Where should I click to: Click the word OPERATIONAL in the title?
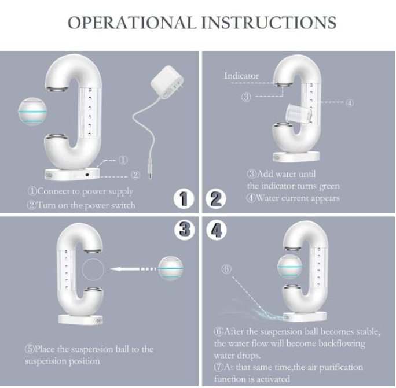tap(132, 23)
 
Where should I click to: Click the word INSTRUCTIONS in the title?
tap(269, 23)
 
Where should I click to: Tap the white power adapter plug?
tap(167, 82)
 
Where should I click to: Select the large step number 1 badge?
tap(184, 199)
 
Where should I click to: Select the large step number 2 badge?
tap(216, 199)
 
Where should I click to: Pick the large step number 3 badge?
tap(185, 230)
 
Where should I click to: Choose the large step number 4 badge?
tap(217, 230)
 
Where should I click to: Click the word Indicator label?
tap(241, 76)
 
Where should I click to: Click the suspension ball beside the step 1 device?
tap(32, 111)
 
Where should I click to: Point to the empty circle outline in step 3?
tap(93, 258)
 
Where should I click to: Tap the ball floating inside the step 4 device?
tap(289, 267)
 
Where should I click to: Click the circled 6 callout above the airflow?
tap(226, 269)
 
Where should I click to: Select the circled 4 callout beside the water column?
tap(349, 103)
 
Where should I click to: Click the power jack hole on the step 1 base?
tap(87, 174)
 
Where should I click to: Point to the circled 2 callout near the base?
tap(135, 175)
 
